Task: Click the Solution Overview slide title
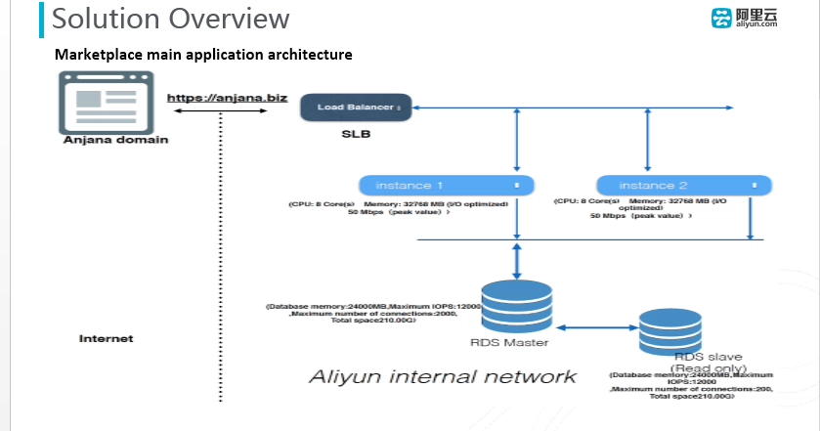(x=170, y=19)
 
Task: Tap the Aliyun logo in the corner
(x=745, y=19)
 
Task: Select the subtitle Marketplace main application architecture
(x=203, y=55)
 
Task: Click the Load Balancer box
(x=357, y=107)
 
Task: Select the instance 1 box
(x=446, y=185)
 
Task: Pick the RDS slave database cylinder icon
(x=669, y=332)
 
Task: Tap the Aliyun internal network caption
(x=443, y=376)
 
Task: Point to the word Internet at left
(x=106, y=338)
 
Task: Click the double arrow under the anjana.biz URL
(x=222, y=109)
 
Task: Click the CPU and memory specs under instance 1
(x=400, y=208)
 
